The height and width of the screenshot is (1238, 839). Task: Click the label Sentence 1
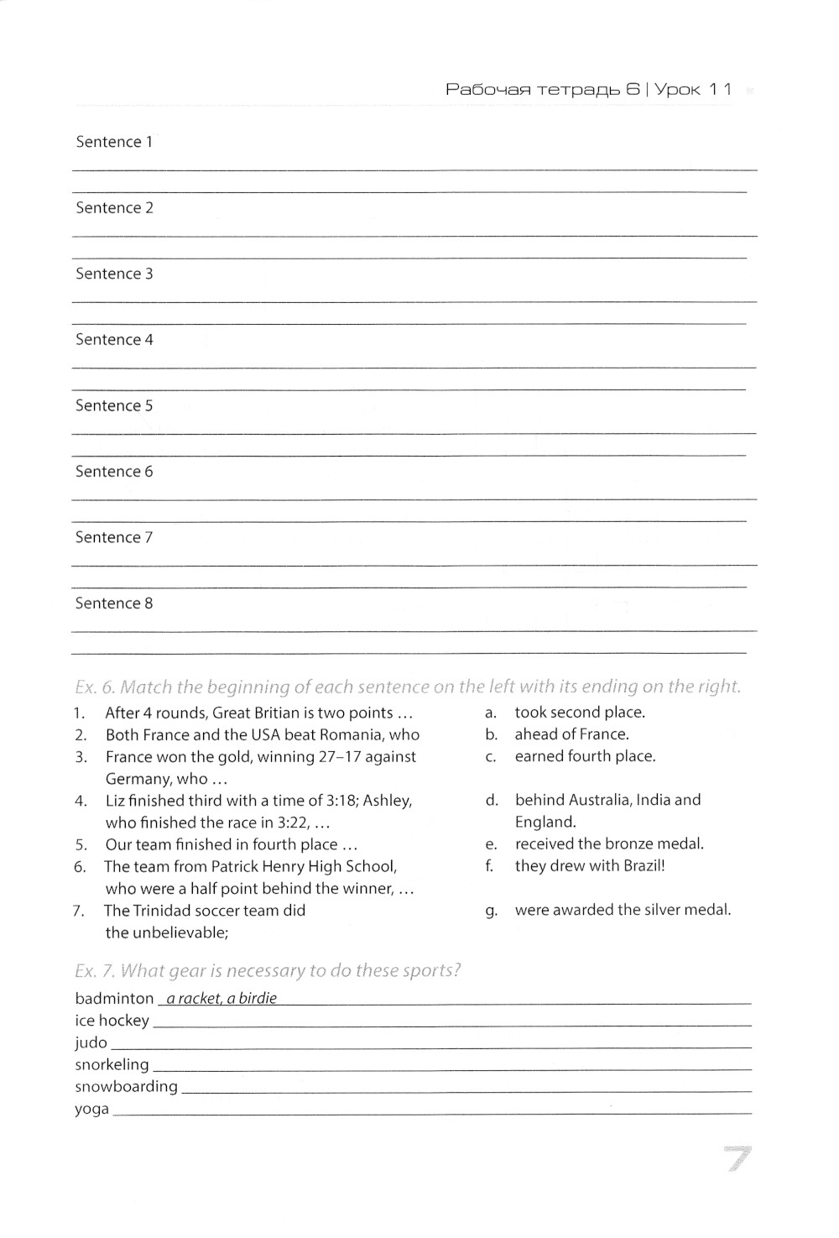(x=114, y=142)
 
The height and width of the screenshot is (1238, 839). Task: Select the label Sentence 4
(x=114, y=340)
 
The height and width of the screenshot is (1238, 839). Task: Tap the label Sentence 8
(x=114, y=603)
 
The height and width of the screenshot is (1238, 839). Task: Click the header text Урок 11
(x=693, y=89)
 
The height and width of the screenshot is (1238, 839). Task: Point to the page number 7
(x=736, y=1160)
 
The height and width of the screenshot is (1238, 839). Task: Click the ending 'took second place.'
(x=580, y=713)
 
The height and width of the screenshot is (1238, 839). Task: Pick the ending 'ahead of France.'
(x=571, y=734)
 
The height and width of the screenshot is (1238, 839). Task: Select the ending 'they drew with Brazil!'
(x=589, y=866)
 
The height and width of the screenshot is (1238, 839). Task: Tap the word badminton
(x=114, y=999)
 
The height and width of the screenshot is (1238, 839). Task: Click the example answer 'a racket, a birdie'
(x=221, y=999)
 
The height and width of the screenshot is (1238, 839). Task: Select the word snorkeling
(x=112, y=1064)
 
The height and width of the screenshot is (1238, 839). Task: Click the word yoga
(x=91, y=1109)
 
